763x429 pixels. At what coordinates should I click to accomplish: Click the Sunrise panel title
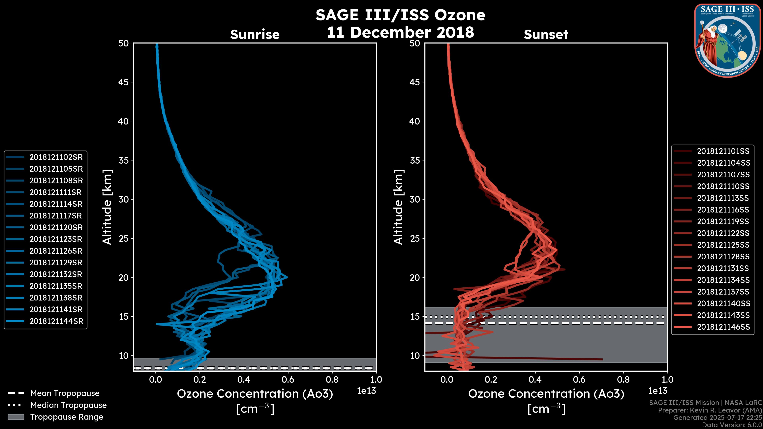tap(255, 34)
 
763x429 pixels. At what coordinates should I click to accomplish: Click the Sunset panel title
tap(546, 34)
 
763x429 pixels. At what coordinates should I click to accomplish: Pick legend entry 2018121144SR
tap(56, 321)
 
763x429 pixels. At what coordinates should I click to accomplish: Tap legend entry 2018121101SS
tap(723, 151)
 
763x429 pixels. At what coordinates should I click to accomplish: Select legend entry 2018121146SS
tap(723, 327)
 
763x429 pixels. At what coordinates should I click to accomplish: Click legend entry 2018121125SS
tap(723, 245)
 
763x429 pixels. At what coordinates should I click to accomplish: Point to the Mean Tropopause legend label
tap(65, 393)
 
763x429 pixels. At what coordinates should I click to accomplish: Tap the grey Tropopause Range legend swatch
tap(16, 417)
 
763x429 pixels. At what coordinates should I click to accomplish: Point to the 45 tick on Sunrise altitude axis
tap(123, 82)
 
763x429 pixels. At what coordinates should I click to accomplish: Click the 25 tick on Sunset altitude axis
tap(415, 238)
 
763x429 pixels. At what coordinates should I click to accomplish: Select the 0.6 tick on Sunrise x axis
tap(288, 380)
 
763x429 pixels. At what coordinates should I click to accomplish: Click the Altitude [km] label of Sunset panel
tap(398, 207)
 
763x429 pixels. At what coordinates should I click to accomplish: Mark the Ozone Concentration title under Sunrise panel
tap(255, 394)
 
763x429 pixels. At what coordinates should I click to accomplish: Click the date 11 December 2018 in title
tap(400, 32)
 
